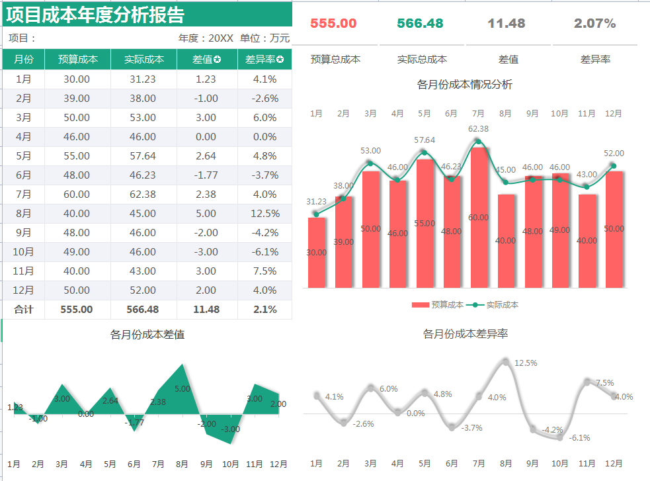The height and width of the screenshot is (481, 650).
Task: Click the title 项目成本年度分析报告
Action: [x=95, y=15]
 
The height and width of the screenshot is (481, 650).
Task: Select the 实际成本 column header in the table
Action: [x=144, y=60]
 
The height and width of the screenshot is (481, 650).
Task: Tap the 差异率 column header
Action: [x=264, y=60]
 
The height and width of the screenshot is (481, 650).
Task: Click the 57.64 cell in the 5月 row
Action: [x=144, y=156]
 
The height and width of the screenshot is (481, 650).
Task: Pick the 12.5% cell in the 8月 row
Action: [x=264, y=214]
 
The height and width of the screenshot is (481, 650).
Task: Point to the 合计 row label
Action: [x=24, y=310]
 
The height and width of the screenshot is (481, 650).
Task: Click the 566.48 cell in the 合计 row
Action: [x=144, y=310]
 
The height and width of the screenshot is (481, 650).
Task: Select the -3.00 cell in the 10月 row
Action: [x=206, y=252]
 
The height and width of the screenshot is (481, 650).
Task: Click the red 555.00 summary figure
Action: [x=333, y=23]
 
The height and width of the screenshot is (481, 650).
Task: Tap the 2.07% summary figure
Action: [x=594, y=23]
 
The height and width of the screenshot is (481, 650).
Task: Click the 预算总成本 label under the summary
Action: [x=335, y=60]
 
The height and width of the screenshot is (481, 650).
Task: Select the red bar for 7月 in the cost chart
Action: [x=479, y=218]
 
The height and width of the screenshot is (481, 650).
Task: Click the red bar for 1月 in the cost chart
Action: [x=317, y=253]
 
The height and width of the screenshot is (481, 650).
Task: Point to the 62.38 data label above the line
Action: [x=478, y=129]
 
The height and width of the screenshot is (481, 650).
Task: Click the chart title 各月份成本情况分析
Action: [x=465, y=85]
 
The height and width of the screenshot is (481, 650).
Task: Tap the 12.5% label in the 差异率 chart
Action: [x=526, y=363]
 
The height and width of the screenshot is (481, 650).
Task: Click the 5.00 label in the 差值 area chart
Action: [x=183, y=389]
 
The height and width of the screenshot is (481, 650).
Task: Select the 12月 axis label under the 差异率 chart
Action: [x=614, y=464]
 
